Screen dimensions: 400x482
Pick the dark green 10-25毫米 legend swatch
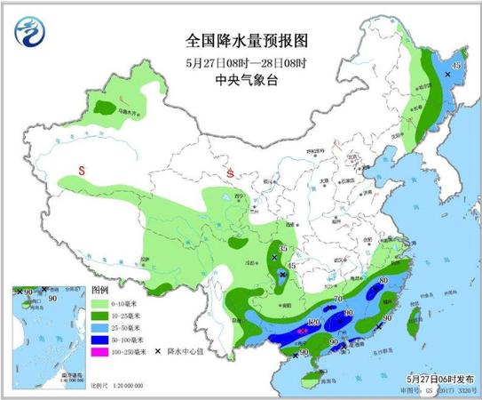[x=101, y=316]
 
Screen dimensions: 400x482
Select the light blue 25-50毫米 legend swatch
[x=101, y=327]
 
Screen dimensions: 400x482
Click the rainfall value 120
[x=312, y=321]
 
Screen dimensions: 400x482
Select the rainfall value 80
[x=383, y=284]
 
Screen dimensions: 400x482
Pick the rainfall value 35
[x=283, y=248]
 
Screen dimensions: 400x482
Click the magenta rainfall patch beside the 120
[x=304, y=329]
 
